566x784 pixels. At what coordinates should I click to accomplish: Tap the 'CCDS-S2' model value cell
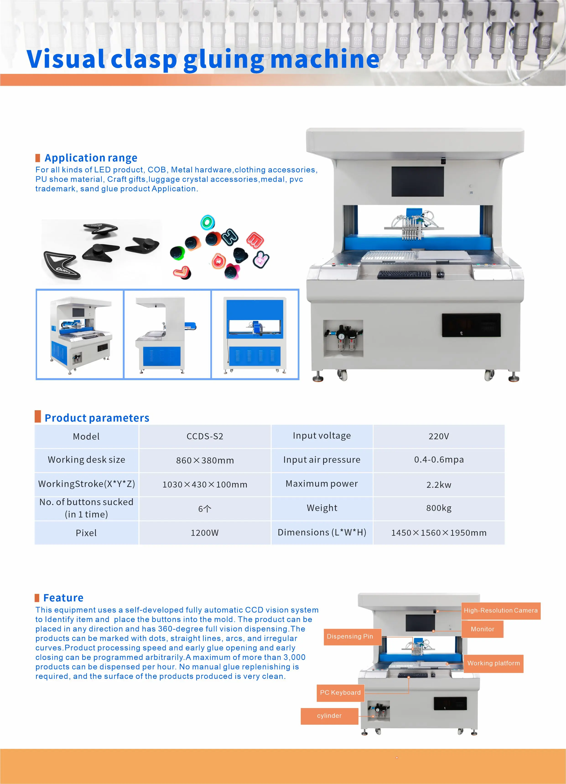click(x=205, y=436)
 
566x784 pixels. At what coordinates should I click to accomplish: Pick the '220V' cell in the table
click(x=439, y=436)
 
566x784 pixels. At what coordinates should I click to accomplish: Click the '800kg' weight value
click(x=439, y=508)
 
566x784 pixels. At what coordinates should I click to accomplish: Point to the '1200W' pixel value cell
click(x=205, y=533)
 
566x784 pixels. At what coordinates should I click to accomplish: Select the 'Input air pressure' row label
click(x=322, y=460)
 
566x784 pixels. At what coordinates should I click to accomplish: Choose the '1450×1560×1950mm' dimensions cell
click(x=439, y=533)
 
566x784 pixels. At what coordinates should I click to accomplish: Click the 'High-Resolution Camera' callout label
click(x=500, y=610)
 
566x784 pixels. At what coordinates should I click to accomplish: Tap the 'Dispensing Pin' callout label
click(x=350, y=636)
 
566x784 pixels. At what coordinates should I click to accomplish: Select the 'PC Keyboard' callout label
click(x=340, y=692)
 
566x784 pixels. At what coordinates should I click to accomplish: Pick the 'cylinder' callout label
click(x=329, y=716)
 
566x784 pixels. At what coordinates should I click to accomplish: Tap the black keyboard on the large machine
click(x=404, y=275)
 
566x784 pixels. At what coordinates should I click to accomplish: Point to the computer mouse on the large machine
click(x=440, y=274)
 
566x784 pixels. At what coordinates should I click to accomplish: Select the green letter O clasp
click(x=208, y=222)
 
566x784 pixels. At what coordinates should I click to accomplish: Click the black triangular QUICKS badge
click(x=61, y=265)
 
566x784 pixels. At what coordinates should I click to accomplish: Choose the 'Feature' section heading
click(x=63, y=598)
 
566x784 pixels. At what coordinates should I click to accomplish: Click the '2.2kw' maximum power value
click(x=439, y=485)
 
